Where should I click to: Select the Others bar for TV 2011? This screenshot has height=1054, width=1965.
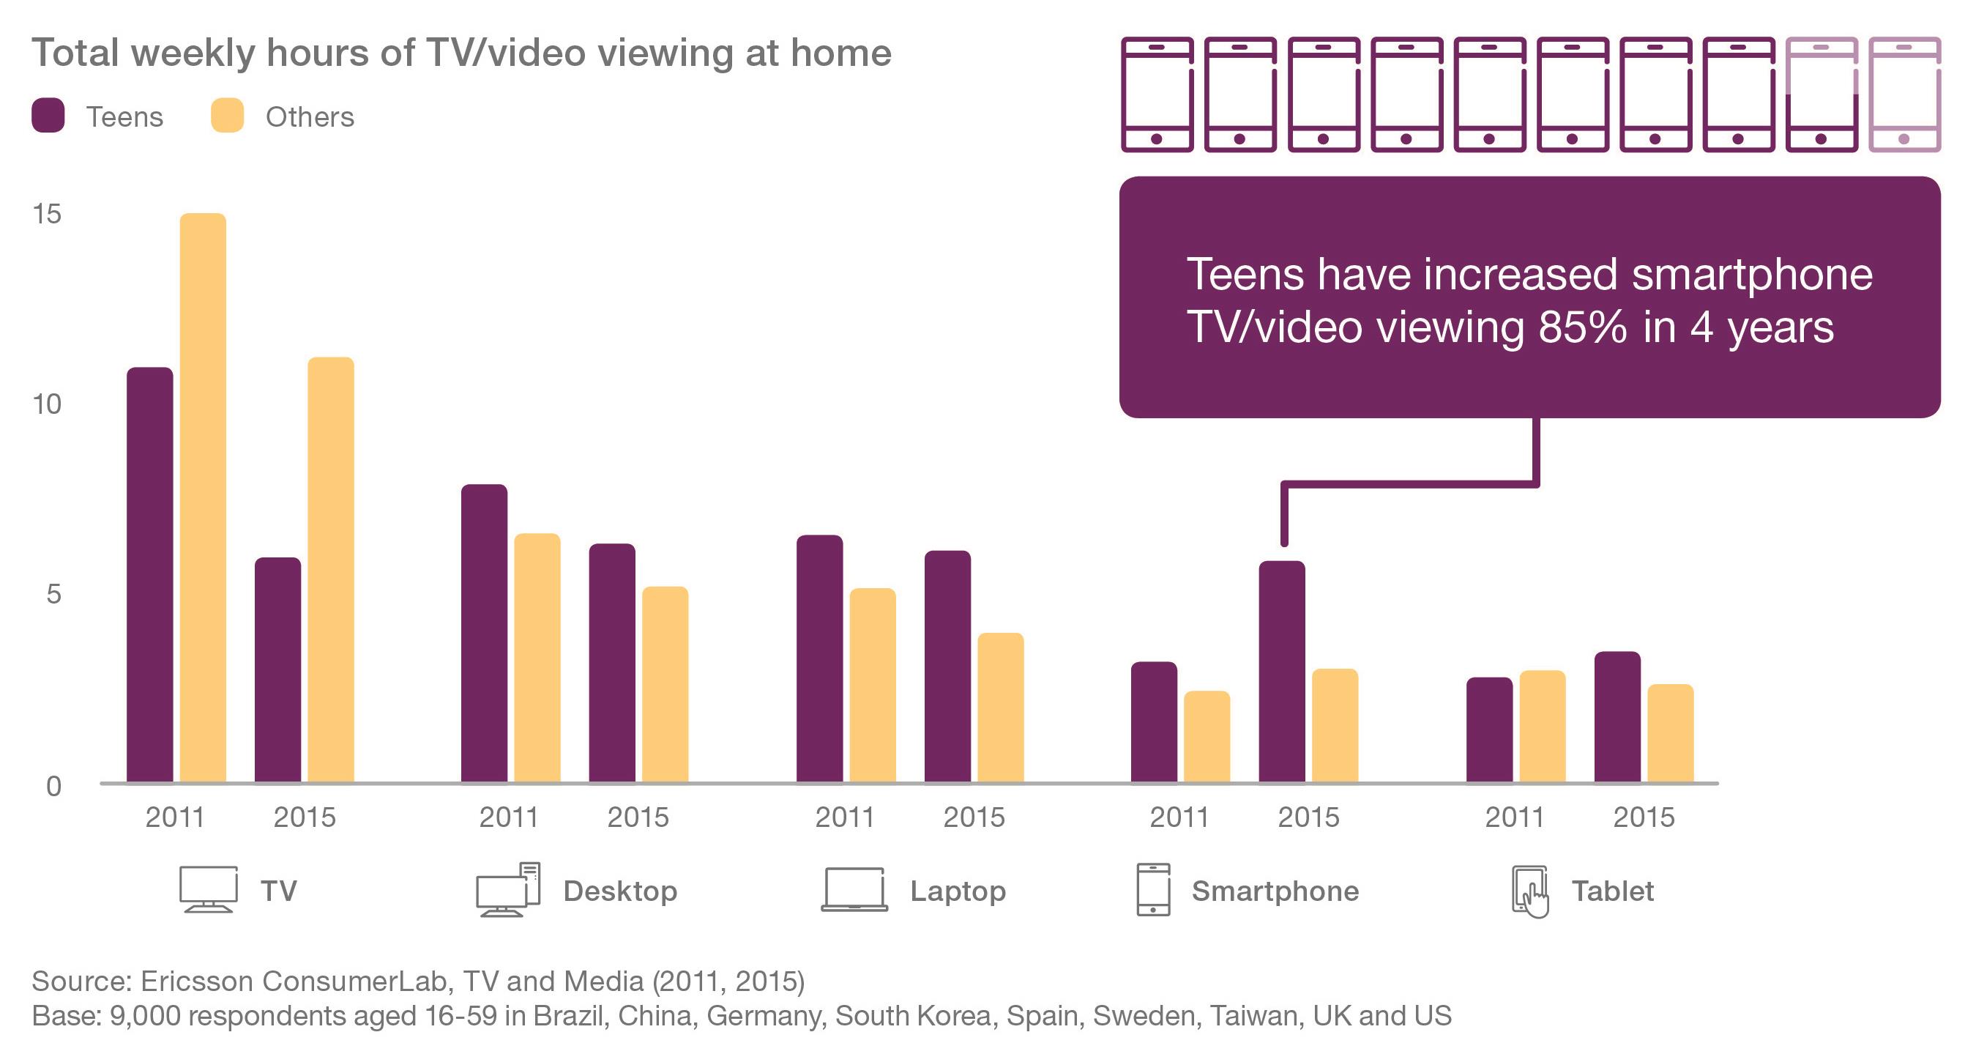click(203, 497)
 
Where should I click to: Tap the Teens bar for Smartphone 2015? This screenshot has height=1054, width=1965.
click(1281, 672)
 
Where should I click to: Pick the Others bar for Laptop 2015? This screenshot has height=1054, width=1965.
click(1001, 708)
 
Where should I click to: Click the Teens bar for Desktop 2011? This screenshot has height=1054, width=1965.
click(484, 634)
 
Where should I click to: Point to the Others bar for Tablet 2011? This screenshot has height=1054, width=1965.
click(1543, 727)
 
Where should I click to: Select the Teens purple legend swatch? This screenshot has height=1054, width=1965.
click(48, 116)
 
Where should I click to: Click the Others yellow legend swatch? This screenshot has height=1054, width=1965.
click(227, 116)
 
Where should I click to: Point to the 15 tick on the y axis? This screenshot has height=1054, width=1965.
click(47, 215)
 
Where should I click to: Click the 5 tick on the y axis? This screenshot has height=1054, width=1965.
click(53, 595)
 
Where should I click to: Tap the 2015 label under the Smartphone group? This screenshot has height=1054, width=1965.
click(1308, 817)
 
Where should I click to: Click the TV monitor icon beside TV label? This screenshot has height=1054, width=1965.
click(208, 889)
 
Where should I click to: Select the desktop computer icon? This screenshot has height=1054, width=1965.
click(508, 890)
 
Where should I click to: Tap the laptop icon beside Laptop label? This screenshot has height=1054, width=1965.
click(854, 890)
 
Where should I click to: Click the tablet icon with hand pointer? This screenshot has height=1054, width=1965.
click(1530, 891)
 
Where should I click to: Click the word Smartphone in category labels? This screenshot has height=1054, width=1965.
click(1275, 891)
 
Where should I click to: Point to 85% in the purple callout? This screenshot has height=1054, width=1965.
click(1582, 327)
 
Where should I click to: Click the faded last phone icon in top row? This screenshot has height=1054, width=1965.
click(1904, 94)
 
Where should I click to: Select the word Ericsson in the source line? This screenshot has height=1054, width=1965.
click(196, 981)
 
